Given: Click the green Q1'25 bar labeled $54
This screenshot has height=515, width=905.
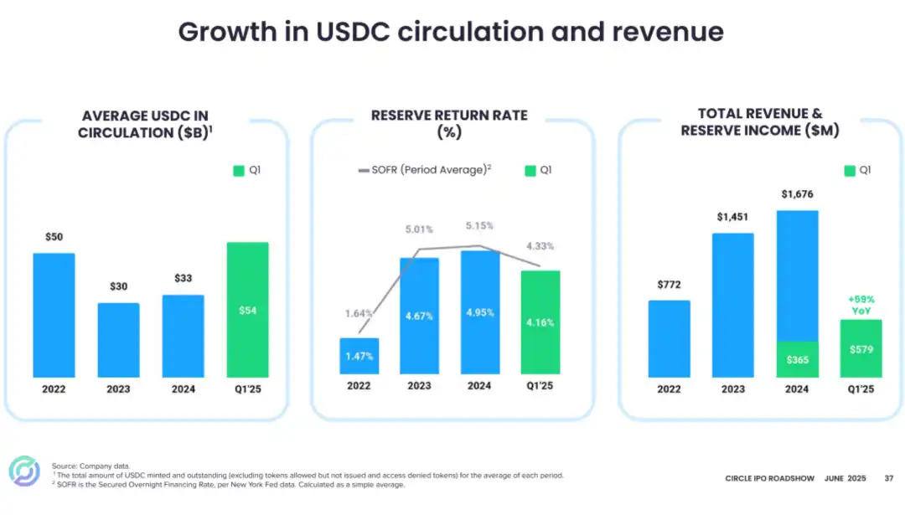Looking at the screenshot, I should coord(247,310).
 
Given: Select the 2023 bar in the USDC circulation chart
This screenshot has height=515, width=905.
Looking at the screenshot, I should coord(118,339).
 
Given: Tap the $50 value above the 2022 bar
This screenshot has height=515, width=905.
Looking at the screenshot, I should coord(54,238).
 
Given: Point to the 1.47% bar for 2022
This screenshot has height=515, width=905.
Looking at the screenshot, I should coord(359,356).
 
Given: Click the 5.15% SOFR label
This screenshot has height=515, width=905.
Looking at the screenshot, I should coord(479,226).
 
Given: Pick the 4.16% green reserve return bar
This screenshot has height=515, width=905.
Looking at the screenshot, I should coord(540,322).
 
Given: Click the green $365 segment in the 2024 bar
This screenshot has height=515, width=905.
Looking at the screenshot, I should coord(797,358).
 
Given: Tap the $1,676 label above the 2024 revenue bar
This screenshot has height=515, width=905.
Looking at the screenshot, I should coord(797,194).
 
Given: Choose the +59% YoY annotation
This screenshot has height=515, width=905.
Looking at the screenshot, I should coord(861,304).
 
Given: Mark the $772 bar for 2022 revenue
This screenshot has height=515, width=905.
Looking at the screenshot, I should coord(669,338).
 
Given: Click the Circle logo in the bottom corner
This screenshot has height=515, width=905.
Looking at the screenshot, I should coord(24,471).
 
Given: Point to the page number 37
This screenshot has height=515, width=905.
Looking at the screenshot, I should coord(888,479).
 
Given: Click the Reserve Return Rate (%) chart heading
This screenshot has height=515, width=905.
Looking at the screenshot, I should coord(449,124).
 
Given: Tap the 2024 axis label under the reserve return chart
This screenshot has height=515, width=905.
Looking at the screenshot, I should coord(479,386).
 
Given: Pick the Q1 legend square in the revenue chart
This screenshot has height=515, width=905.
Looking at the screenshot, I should coord(850,170).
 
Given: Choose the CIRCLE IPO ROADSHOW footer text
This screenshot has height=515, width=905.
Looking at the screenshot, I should coord(769,479).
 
